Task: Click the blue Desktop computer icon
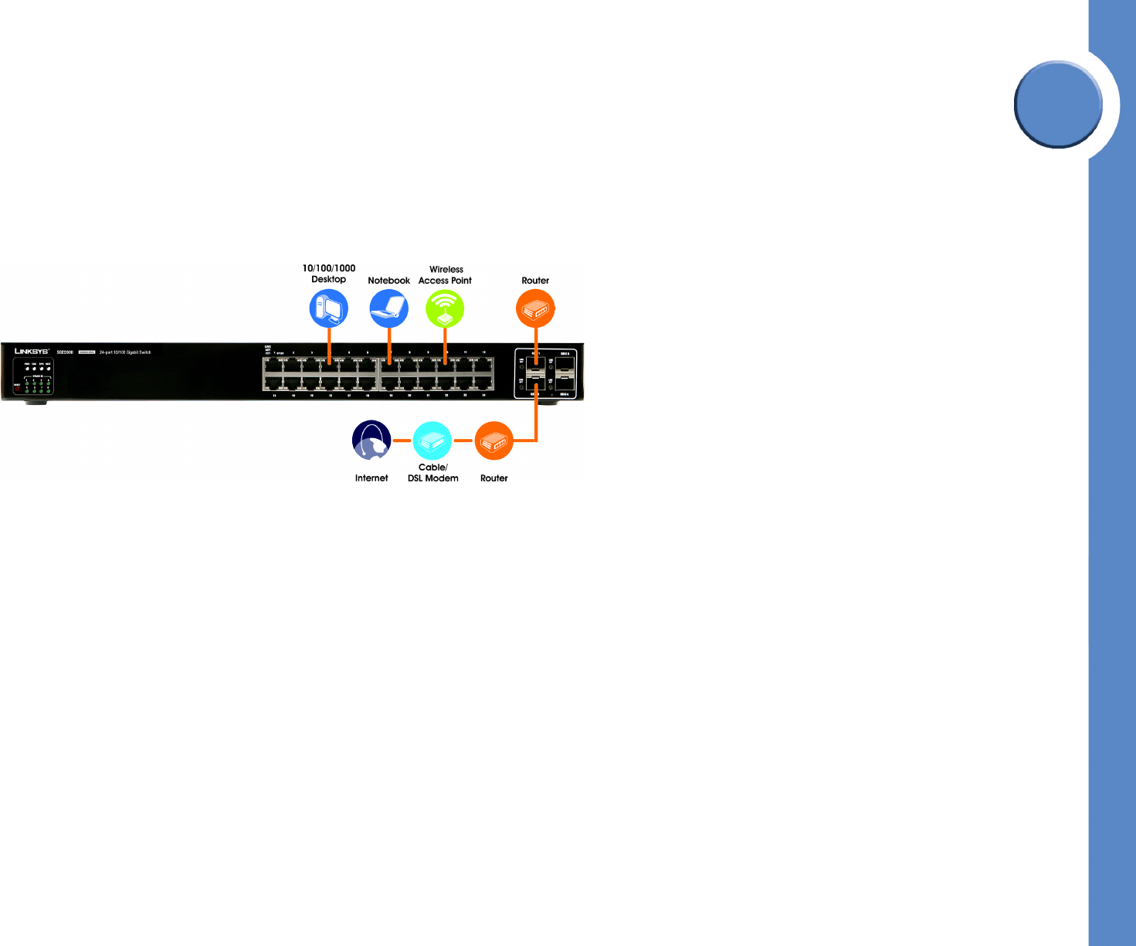coord(329,308)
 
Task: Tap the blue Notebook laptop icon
coord(388,308)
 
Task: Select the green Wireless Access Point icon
coord(445,308)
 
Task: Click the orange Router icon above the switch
coord(535,308)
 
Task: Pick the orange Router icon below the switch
coord(494,441)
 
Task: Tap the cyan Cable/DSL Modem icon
coord(432,441)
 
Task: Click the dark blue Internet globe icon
coord(371,441)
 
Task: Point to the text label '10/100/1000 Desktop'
coord(329,274)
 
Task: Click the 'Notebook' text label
coord(388,281)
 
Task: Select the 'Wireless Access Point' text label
coord(446,275)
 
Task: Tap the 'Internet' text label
coord(371,478)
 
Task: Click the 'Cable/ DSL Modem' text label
coord(432,473)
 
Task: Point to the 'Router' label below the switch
coord(494,478)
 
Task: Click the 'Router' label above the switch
coord(535,281)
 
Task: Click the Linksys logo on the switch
coord(32,352)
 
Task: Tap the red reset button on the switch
coord(17,389)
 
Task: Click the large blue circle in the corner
coord(1058,104)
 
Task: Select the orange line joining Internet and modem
coord(402,441)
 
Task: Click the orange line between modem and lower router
coord(463,441)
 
